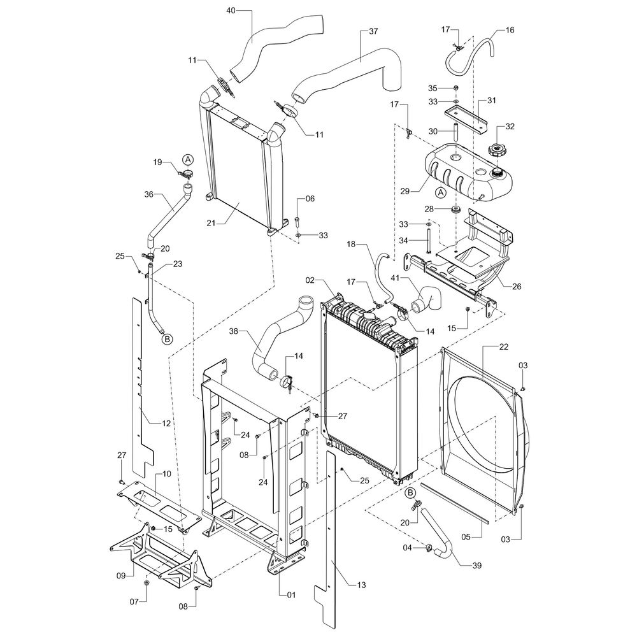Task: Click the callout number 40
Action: point(231,11)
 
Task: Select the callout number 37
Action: point(373,31)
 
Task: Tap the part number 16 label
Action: point(510,30)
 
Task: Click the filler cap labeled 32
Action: point(496,150)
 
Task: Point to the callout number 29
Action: point(405,191)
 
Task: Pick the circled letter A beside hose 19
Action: point(188,159)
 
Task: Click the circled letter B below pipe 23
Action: point(167,338)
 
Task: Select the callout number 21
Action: point(211,223)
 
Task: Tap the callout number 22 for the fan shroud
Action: point(503,347)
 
